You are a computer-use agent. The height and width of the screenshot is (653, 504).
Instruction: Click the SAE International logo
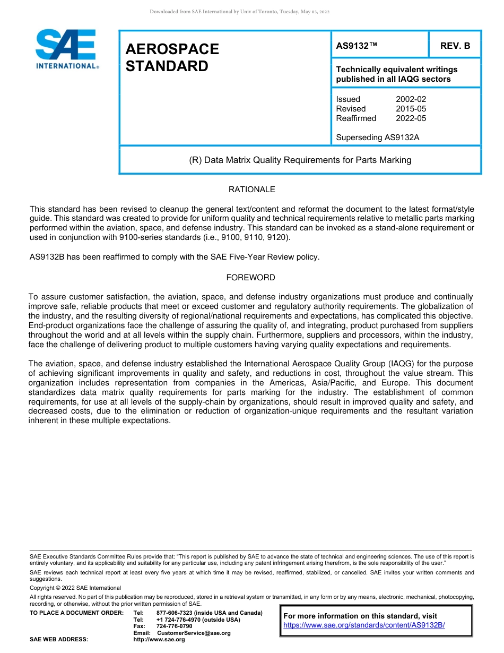[66, 49]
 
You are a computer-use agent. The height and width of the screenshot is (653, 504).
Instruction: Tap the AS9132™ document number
[357, 46]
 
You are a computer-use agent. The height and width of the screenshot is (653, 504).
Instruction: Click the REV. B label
[455, 46]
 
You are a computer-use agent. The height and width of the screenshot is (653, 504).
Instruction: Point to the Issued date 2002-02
[411, 99]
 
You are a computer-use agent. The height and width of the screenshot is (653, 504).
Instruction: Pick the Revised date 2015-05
[411, 109]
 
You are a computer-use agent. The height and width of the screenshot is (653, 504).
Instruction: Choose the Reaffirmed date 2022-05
[411, 118]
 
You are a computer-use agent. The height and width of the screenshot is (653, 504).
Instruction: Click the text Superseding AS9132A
[378, 138]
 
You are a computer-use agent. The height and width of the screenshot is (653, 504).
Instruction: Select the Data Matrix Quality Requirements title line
[300, 160]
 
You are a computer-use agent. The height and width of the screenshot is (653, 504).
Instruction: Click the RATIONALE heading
[251, 190]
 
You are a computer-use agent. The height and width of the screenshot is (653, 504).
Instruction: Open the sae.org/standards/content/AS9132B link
[364, 625]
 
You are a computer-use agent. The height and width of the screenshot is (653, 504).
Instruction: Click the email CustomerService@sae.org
[194, 633]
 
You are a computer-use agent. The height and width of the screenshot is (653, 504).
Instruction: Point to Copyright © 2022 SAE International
[75, 588]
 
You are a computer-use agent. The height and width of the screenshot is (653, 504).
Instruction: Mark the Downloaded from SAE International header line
[240, 12]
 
